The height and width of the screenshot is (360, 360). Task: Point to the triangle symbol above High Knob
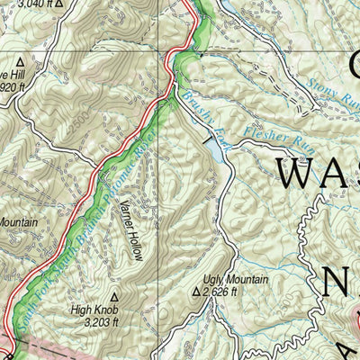pos(113,294)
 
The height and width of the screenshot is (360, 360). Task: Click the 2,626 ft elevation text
pos(220,292)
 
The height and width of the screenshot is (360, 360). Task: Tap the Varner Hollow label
pos(131,230)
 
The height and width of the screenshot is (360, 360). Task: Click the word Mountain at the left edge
pos(18,221)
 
